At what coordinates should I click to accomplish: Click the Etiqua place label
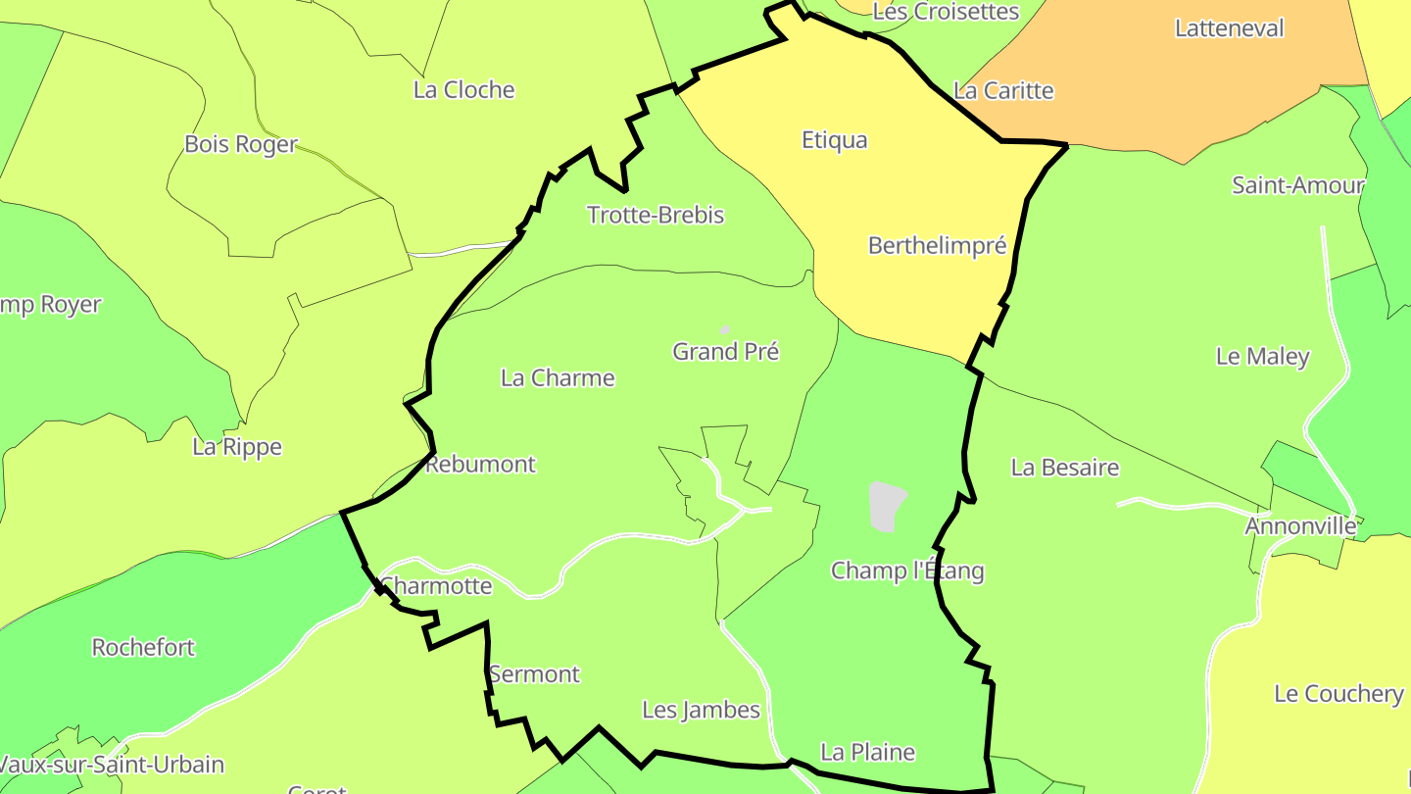[835, 140]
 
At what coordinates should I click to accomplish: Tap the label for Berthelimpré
[937, 246]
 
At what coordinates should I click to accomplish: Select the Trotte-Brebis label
[656, 215]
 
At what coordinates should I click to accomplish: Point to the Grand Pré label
[725, 351]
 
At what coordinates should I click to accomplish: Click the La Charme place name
[558, 378]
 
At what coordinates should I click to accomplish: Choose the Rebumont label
[481, 464]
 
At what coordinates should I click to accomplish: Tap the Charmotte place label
[436, 586]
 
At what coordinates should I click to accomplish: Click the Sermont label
[535, 674]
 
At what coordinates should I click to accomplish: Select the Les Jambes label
[701, 710]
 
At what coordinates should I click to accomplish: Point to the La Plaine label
[868, 752]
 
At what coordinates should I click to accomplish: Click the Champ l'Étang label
[907, 571]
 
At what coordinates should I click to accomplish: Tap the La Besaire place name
[1065, 468]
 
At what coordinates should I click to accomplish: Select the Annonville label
[1300, 526]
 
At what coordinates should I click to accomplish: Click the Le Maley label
[1262, 357]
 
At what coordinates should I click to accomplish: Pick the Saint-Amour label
[1297, 185]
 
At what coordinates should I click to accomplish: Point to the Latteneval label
[1229, 28]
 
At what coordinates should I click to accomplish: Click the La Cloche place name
[463, 90]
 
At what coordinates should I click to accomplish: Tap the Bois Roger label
[241, 144]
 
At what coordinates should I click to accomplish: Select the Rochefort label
[143, 648]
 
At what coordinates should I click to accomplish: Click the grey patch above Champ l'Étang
[886, 506]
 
